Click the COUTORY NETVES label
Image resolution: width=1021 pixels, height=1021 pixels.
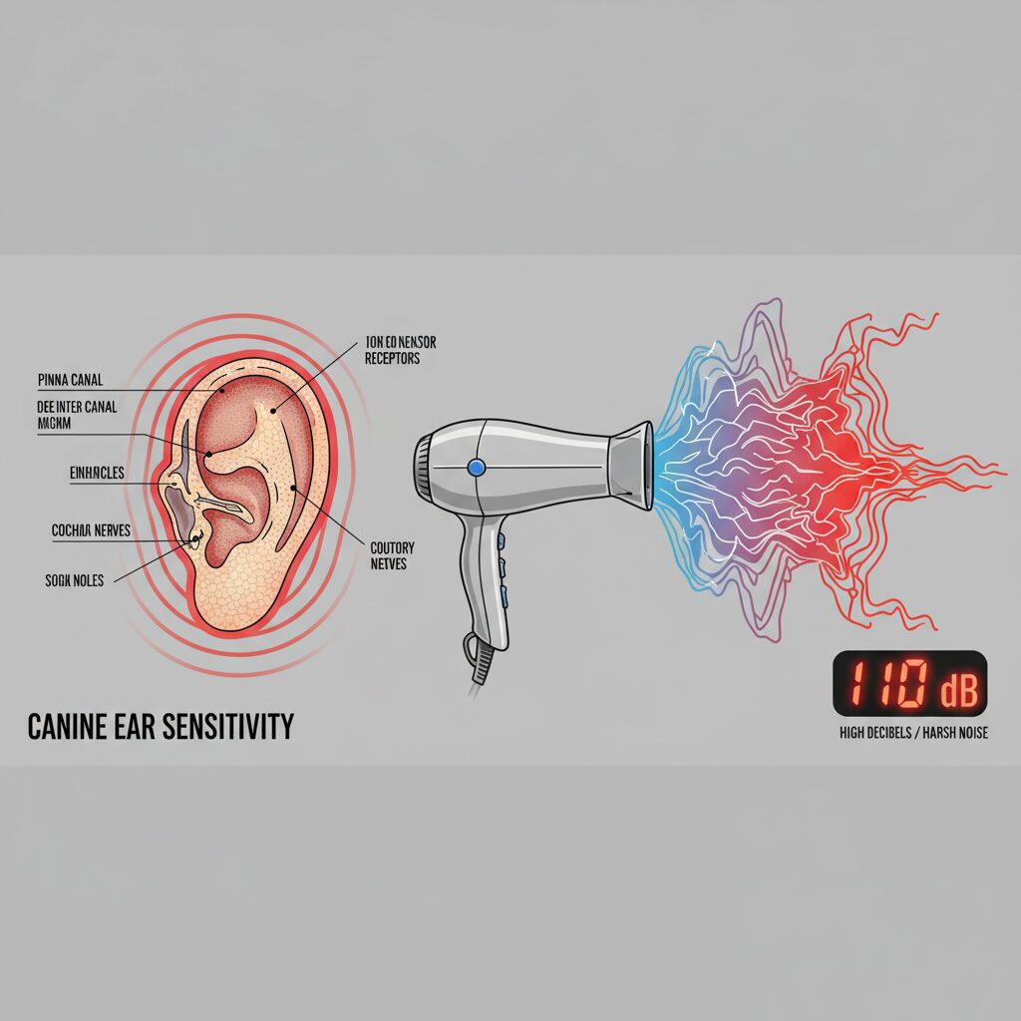tap(392, 556)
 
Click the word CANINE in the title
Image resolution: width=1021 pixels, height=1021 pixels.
tap(76, 726)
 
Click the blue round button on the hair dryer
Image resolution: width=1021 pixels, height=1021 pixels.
tap(476, 467)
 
